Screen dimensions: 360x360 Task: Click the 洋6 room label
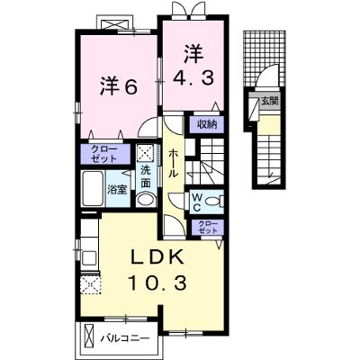tap(119, 87)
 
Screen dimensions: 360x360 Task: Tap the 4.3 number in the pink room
tap(193, 77)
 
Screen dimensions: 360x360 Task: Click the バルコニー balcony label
tap(124, 339)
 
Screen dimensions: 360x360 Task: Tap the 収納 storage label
tap(207, 124)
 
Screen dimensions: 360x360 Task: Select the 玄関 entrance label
tap(269, 102)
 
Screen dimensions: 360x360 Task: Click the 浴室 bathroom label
tap(117, 189)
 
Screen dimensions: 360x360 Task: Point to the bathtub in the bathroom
tap(93, 188)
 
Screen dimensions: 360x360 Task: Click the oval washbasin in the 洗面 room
tap(146, 200)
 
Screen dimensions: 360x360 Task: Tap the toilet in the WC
tap(216, 201)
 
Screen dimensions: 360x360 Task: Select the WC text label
tap(196, 202)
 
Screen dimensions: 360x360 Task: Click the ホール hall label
tap(174, 164)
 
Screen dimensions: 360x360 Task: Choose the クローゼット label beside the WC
tap(208, 227)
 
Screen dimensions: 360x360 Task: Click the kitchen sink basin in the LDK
tap(90, 257)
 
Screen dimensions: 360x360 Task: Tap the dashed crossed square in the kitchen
tap(91, 285)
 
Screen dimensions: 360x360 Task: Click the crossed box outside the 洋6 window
tap(114, 23)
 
